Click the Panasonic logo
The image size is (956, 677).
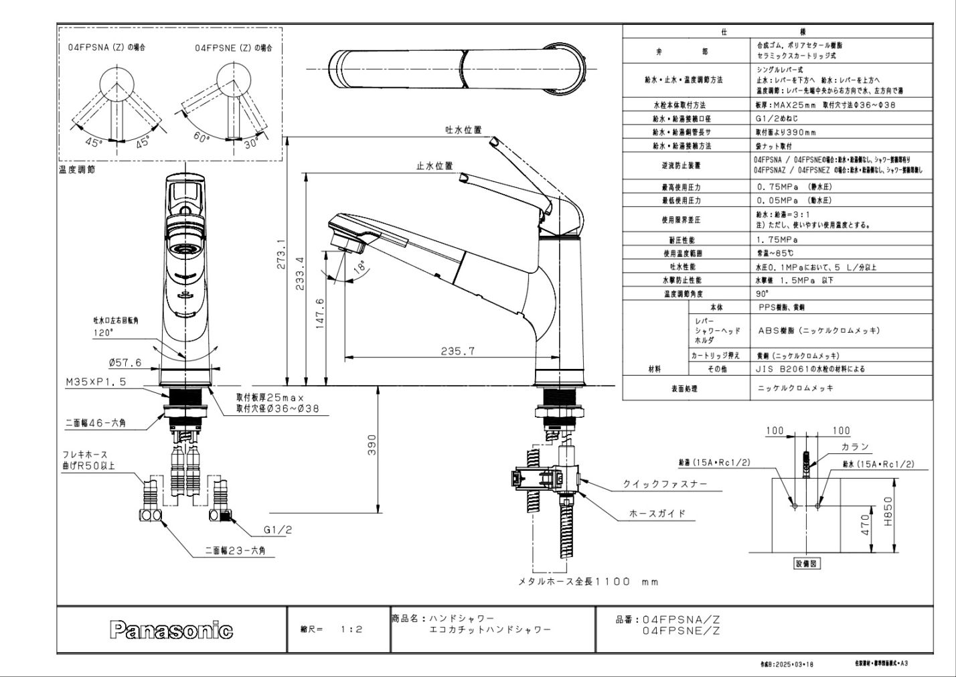(171, 630)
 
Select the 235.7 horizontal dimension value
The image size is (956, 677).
(458, 350)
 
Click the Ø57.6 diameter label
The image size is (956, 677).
(125, 363)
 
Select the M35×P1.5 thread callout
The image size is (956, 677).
(95, 382)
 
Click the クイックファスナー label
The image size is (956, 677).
(665, 484)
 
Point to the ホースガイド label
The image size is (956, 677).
(657, 514)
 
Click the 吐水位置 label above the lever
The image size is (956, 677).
(463, 130)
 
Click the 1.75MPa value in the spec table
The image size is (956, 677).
(777, 239)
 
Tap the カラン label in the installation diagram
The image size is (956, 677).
(855, 447)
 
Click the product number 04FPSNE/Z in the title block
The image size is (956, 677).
(680, 631)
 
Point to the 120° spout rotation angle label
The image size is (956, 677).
(103, 332)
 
